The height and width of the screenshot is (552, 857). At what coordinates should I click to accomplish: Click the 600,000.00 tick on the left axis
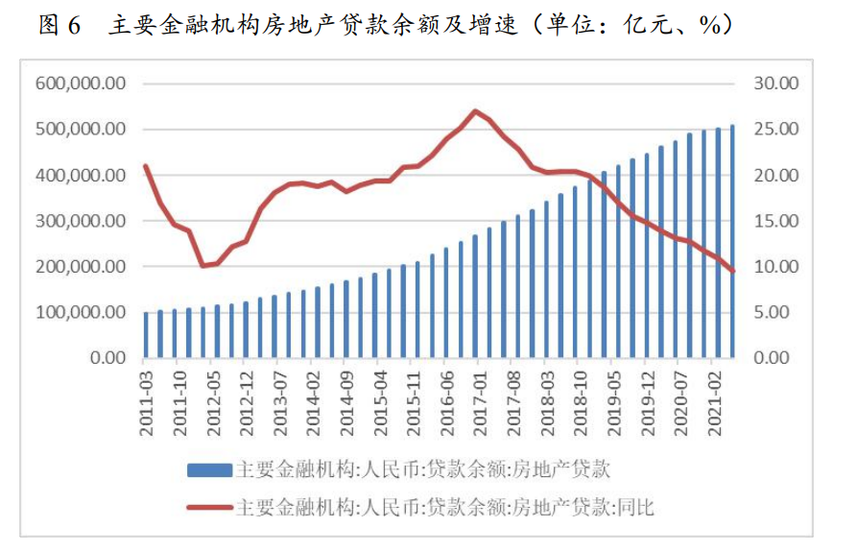click(x=82, y=84)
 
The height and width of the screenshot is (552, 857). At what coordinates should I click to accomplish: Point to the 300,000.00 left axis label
click(x=82, y=221)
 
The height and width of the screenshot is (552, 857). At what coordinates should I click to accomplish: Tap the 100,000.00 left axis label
click(x=82, y=312)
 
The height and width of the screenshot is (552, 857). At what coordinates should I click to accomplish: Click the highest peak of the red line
click(x=475, y=110)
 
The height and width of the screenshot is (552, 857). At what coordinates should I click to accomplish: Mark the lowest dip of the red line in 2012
click(x=202, y=265)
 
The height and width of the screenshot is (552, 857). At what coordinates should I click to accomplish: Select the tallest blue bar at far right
click(x=733, y=241)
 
